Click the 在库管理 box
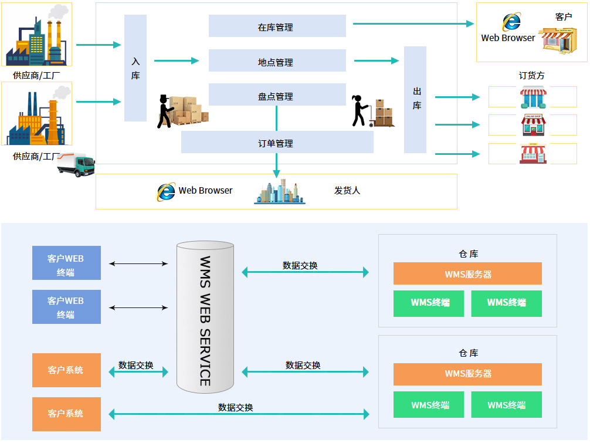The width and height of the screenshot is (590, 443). pyautogui.click(x=277, y=26)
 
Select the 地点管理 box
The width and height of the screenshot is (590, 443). pyautogui.click(x=277, y=60)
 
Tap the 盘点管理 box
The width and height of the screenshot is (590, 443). pyautogui.click(x=277, y=94)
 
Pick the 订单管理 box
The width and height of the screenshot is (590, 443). pyautogui.click(x=277, y=142)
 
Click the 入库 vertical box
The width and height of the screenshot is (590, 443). pyautogui.click(x=135, y=68)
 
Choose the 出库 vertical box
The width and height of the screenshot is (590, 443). pyautogui.click(x=415, y=100)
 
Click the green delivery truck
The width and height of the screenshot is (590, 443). pyautogui.click(x=76, y=164)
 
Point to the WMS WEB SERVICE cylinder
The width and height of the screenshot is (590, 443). pyautogui.click(x=205, y=317)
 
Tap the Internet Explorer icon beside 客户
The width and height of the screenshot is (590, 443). pyautogui.click(x=511, y=22)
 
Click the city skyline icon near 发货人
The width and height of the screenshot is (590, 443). pyautogui.click(x=280, y=192)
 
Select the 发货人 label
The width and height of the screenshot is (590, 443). pyautogui.click(x=347, y=191)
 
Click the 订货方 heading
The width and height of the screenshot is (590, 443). pyautogui.click(x=531, y=76)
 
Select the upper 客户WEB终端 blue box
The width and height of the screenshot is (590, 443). pyautogui.click(x=67, y=263)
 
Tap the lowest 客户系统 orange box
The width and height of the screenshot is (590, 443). pyautogui.click(x=67, y=414)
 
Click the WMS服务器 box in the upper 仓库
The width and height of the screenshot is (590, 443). pyautogui.click(x=467, y=273)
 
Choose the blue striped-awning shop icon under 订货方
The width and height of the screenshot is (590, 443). pyautogui.click(x=533, y=97)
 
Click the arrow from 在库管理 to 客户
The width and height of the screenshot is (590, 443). pyautogui.click(x=413, y=23)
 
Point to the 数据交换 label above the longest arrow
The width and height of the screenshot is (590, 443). pyautogui.click(x=236, y=407)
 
